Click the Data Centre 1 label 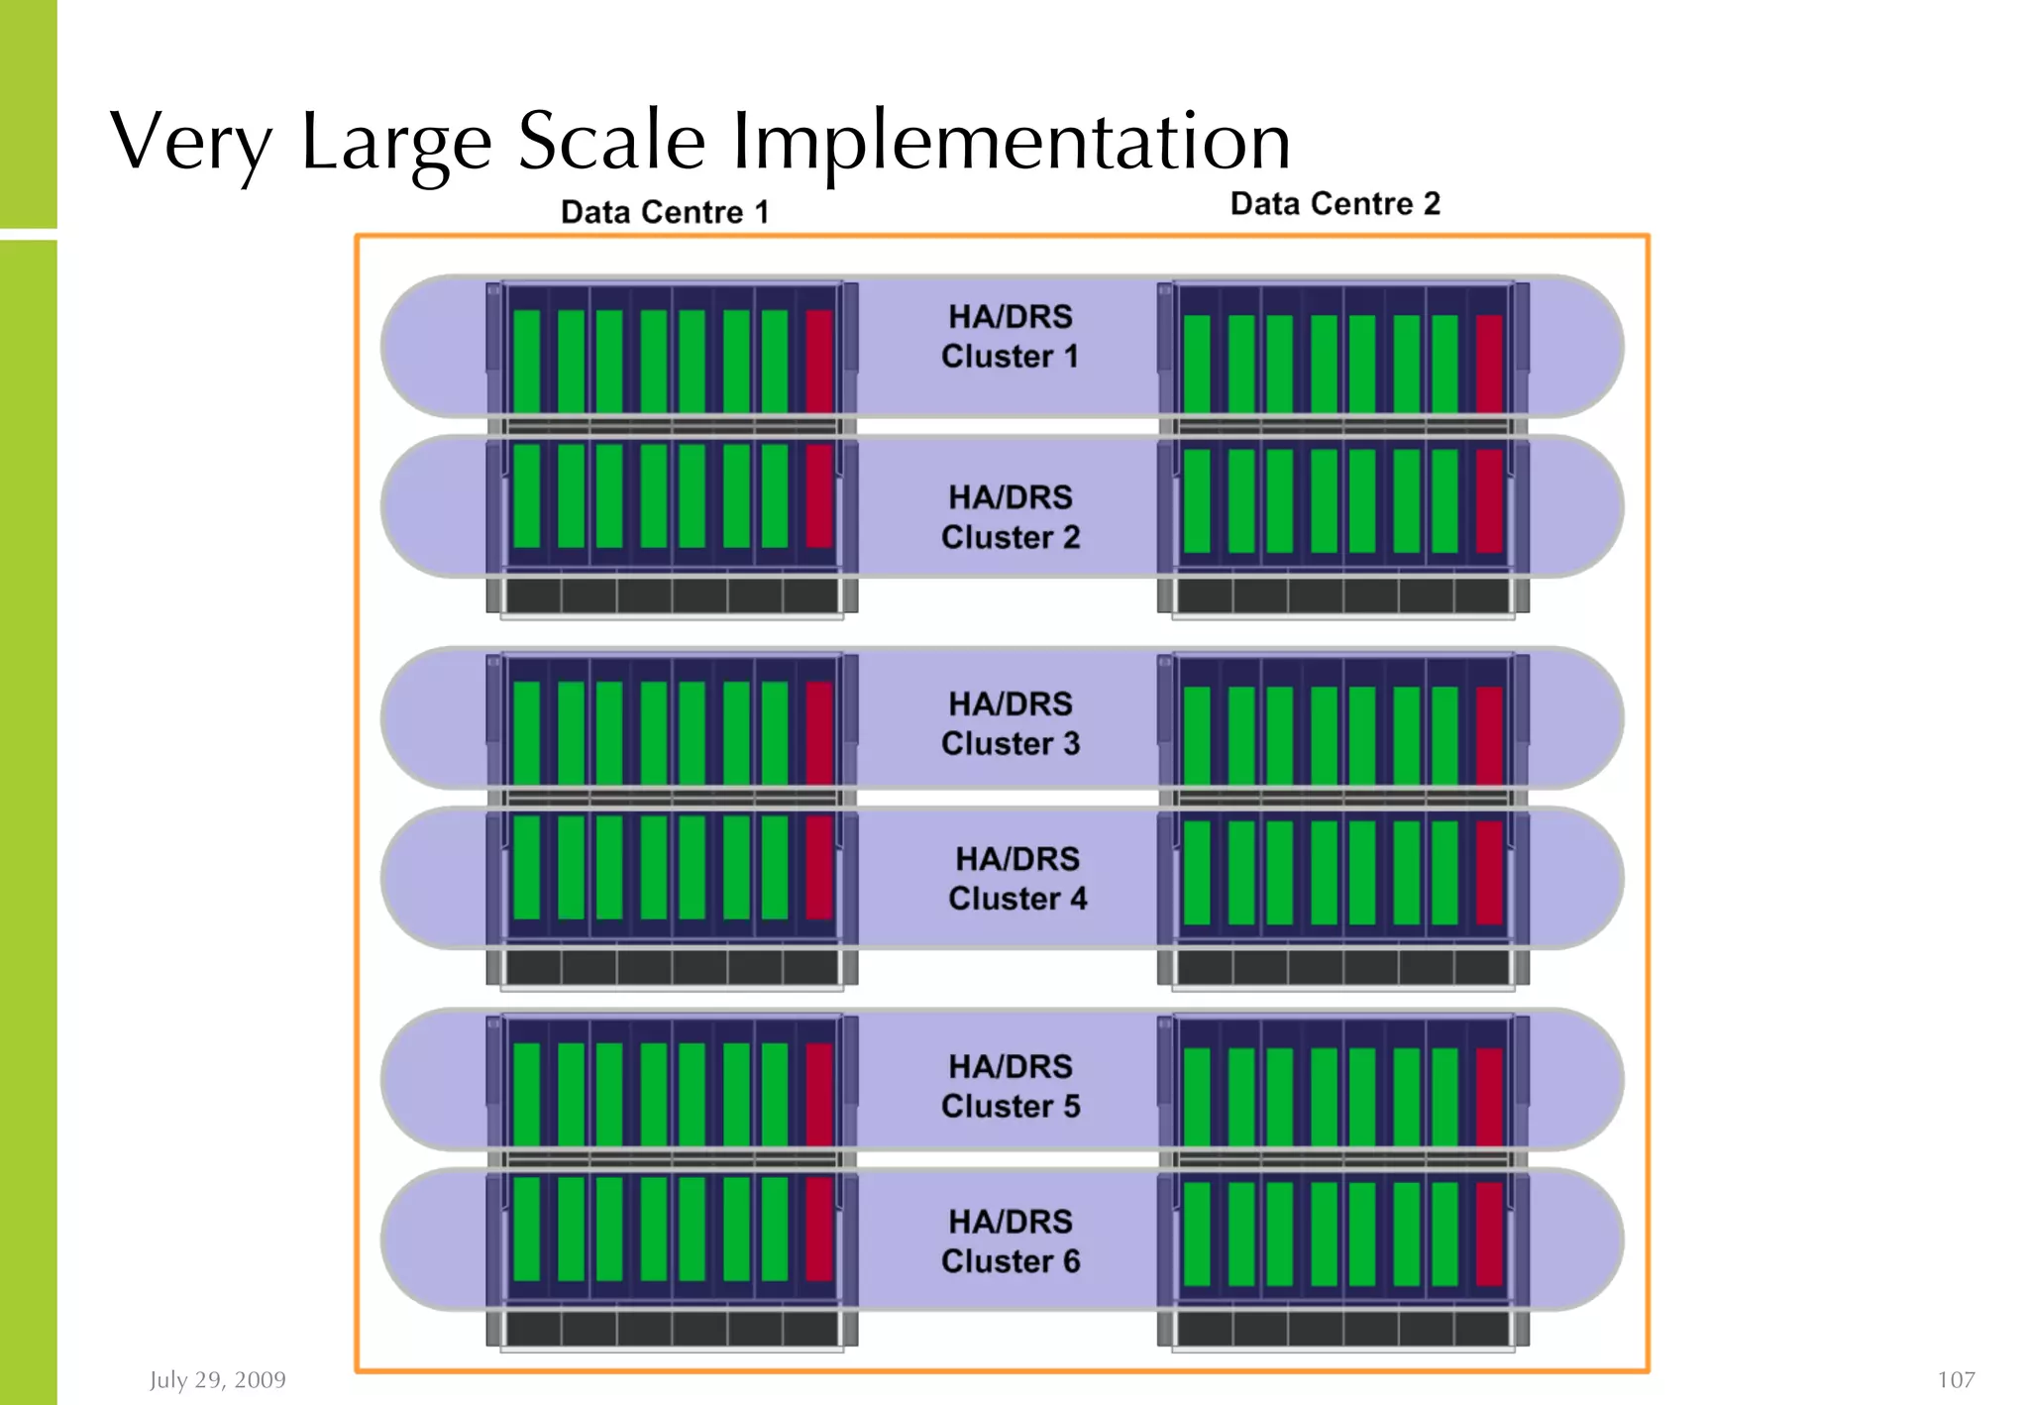coord(665,212)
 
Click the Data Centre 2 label coord(1335,204)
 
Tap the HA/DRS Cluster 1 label coord(1010,337)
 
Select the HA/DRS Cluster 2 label coord(1010,517)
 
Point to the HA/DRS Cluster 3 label coord(1010,723)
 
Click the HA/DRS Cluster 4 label coord(1016,879)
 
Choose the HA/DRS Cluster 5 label coord(1010,1086)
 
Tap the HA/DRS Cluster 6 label coord(1010,1242)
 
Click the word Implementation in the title coord(1011,141)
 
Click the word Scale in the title coord(611,141)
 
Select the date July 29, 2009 coord(218,1379)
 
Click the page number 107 coord(1956,1379)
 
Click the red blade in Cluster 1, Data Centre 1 coord(818,361)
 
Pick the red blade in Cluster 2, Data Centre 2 coord(1489,500)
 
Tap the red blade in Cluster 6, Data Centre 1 coord(818,1229)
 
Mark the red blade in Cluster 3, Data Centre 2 coord(1489,735)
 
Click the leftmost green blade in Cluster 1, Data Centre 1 coord(527,361)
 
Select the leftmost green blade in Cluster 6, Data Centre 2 coord(1197,1234)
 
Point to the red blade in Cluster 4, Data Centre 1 coord(818,867)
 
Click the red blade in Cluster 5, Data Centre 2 coord(1489,1097)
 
